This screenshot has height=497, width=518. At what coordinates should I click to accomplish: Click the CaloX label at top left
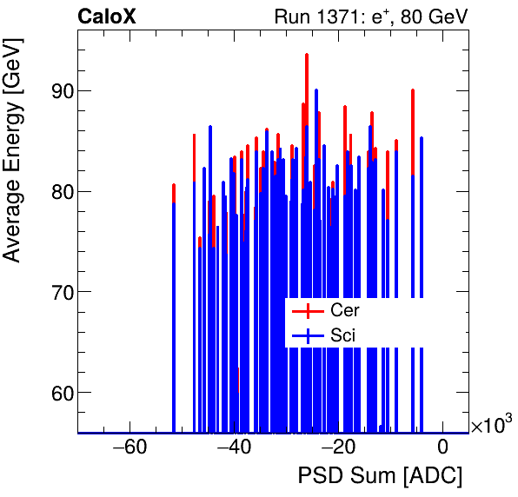[x=106, y=17]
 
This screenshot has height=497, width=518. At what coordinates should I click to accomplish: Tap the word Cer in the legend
[x=344, y=310]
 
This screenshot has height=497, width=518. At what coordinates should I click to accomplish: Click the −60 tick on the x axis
[x=129, y=448]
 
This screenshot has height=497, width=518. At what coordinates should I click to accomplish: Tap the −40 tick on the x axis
[x=234, y=448]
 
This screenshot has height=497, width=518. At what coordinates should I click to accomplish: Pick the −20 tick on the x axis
[x=338, y=448]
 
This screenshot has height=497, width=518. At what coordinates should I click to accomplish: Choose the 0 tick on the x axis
[x=442, y=448]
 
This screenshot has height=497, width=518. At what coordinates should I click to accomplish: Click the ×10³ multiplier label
[x=491, y=425]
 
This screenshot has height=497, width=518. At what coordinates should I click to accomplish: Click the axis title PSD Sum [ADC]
[x=380, y=476]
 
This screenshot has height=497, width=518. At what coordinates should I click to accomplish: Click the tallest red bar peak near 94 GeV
[x=307, y=55]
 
